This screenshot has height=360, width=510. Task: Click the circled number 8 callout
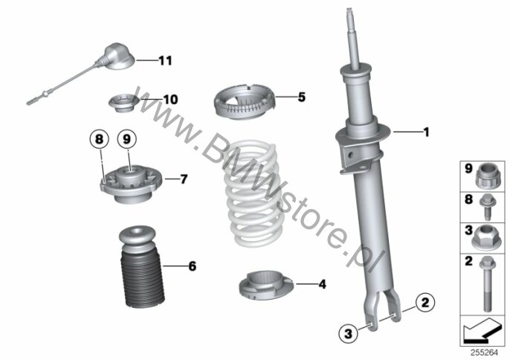99,139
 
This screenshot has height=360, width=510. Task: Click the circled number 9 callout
127,139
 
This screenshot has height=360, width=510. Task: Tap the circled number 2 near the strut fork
425,303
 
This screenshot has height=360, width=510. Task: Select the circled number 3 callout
348,333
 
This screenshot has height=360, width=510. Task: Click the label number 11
165,60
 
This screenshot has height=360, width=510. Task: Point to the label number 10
170,100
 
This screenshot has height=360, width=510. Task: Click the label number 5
302,97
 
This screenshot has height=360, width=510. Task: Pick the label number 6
193,266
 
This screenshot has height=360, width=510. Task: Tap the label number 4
322,284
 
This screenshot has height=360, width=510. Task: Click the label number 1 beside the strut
426,132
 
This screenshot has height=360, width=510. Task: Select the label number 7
184,179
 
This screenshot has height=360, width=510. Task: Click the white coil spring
252,193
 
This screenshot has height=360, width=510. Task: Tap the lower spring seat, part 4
266,286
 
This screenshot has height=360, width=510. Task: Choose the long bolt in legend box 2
487,283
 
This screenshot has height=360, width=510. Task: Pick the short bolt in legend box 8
488,207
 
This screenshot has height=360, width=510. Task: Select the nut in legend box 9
487,176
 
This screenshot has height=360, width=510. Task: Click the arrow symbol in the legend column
482,330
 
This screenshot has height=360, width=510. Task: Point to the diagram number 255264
484,353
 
